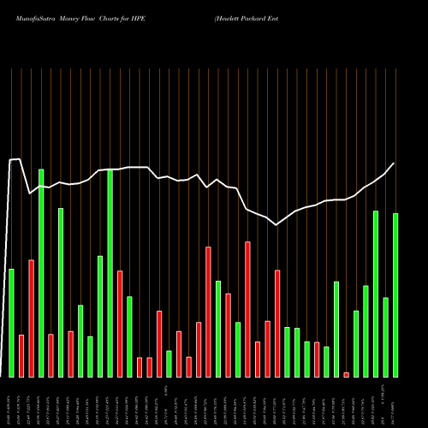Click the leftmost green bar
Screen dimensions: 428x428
click(11, 323)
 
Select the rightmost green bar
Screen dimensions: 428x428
click(395, 294)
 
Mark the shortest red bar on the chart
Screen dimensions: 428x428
click(347, 374)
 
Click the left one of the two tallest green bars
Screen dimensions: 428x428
click(41, 273)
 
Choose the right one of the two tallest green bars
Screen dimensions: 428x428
click(110, 273)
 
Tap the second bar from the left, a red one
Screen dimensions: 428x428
click(21, 355)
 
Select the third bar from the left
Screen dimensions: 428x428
click(32, 318)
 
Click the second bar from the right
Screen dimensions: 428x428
click(386, 336)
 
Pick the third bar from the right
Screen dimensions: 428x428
click(376, 294)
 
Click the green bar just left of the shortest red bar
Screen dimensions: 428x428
click(336, 329)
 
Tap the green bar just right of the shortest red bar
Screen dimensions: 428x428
click(356, 343)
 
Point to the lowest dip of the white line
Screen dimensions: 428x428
click(276, 225)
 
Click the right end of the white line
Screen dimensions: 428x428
click(394, 163)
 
